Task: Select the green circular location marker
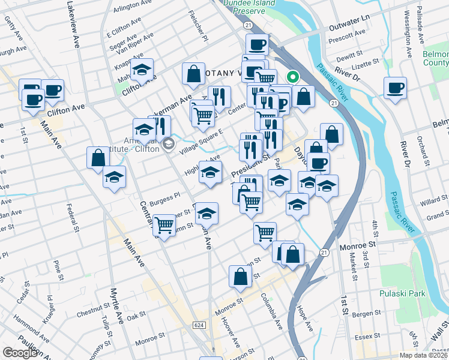294,77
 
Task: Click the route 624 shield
199,325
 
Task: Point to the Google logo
20,353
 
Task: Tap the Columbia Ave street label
271,311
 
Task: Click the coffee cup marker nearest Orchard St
395,88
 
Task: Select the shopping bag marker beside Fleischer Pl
194,74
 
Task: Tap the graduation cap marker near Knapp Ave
142,70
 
